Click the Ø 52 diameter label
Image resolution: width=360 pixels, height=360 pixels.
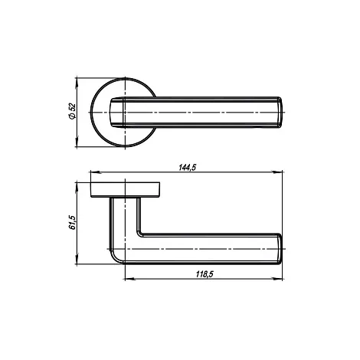(x=73, y=111)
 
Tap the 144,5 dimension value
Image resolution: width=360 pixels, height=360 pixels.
(x=187, y=168)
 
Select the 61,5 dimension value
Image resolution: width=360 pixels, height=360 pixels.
(x=73, y=222)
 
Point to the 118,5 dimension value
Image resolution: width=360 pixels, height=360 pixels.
(x=205, y=274)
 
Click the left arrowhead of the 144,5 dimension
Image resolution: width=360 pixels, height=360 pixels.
(x=95, y=172)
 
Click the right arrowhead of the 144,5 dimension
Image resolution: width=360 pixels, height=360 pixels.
(x=277, y=172)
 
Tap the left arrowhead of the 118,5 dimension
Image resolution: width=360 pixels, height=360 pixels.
(x=129, y=279)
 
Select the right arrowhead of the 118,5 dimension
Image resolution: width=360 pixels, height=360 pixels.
(x=277, y=279)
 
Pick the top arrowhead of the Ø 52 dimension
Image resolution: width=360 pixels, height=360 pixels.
(x=77, y=83)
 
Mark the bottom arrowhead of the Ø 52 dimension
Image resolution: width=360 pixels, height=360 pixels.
(x=77, y=142)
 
